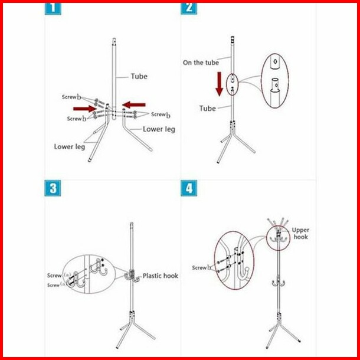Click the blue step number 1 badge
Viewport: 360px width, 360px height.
(x=53, y=9)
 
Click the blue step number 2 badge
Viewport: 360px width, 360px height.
(x=189, y=9)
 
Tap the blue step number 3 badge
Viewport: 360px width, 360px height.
(x=53, y=188)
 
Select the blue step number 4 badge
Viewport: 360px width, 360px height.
(x=189, y=188)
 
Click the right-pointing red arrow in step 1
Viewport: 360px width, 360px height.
(x=84, y=109)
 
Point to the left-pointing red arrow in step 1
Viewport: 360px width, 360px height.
(x=134, y=105)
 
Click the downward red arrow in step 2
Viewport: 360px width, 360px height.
(x=220, y=84)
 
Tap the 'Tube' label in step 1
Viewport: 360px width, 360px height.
(x=139, y=77)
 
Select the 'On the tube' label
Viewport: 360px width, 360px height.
(x=201, y=63)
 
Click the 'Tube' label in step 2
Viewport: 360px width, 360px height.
(x=208, y=109)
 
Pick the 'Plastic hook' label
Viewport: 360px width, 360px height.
(x=161, y=276)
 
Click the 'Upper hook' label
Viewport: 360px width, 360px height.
(x=300, y=234)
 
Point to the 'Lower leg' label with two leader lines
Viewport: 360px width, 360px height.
(x=70, y=147)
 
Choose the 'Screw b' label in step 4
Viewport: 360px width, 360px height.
(x=202, y=268)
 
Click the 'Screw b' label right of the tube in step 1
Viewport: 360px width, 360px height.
(x=161, y=114)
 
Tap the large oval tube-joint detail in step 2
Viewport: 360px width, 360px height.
(x=275, y=81)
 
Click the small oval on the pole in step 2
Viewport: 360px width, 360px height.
(x=233, y=84)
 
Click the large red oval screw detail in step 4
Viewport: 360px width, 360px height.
(x=234, y=260)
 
